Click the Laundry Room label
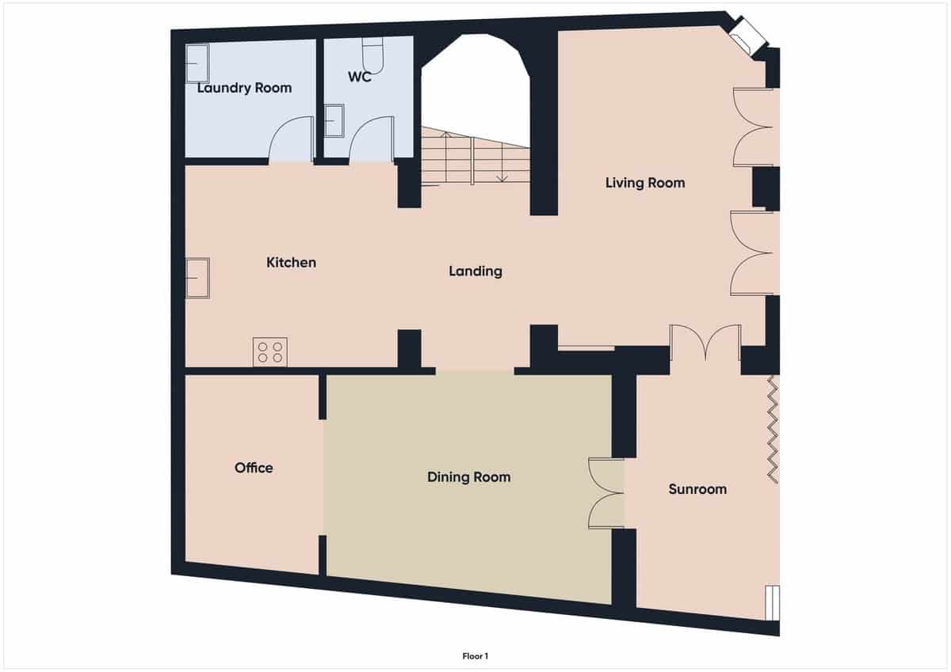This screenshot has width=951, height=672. [x=244, y=88]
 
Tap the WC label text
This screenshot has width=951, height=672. [x=360, y=78]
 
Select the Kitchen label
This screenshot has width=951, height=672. [x=291, y=263]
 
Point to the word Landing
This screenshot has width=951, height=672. [x=475, y=271]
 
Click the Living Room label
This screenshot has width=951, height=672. [x=644, y=183]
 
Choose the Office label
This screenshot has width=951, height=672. [x=254, y=468]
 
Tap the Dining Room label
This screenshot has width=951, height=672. [x=468, y=477]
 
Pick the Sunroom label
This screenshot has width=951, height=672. [x=697, y=489]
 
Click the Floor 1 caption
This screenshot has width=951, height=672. [x=475, y=655]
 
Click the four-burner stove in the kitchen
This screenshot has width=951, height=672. [x=269, y=351]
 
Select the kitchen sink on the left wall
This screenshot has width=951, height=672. [x=197, y=278]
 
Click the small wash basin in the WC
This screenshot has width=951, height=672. [x=334, y=121]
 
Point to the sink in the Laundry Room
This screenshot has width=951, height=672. [x=197, y=63]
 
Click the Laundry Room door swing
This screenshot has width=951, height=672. [x=292, y=141]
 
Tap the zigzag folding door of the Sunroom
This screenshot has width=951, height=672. [x=773, y=427]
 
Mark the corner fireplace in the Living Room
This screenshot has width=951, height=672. [x=747, y=36]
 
